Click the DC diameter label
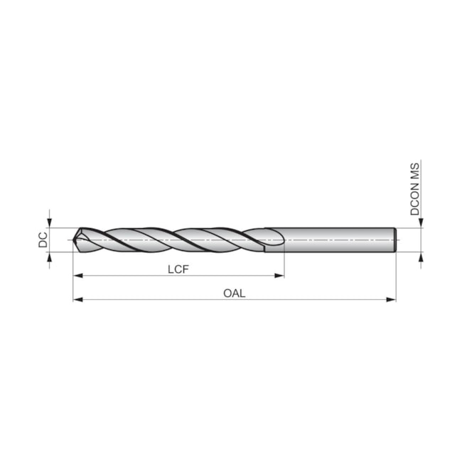click(43, 240)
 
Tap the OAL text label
click(235, 293)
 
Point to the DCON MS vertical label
click(415, 188)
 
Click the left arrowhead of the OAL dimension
click(77, 299)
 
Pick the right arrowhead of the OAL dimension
click(391, 299)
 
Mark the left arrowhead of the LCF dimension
click(77, 276)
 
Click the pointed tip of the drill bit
click(74, 240)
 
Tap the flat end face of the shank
click(394, 240)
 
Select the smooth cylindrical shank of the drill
click(334, 240)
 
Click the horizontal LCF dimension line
click(128, 276)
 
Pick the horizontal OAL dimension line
click(156, 299)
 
